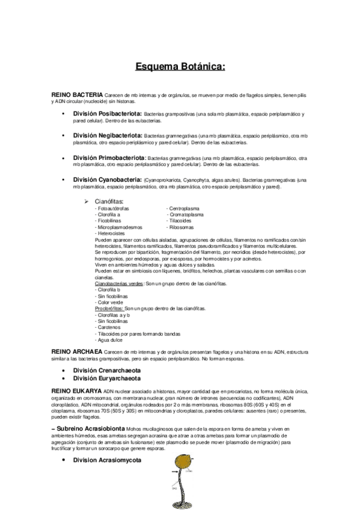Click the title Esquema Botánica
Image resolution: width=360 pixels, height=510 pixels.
tap(180, 67)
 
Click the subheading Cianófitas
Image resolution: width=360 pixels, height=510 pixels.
tap(109, 201)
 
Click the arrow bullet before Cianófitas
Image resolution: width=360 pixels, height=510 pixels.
tap(87, 201)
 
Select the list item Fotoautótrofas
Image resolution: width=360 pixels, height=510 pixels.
tap(112, 208)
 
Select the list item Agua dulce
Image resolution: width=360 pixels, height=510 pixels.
tap(109, 339)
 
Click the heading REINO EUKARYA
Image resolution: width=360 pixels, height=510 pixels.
tap(76, 391)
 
